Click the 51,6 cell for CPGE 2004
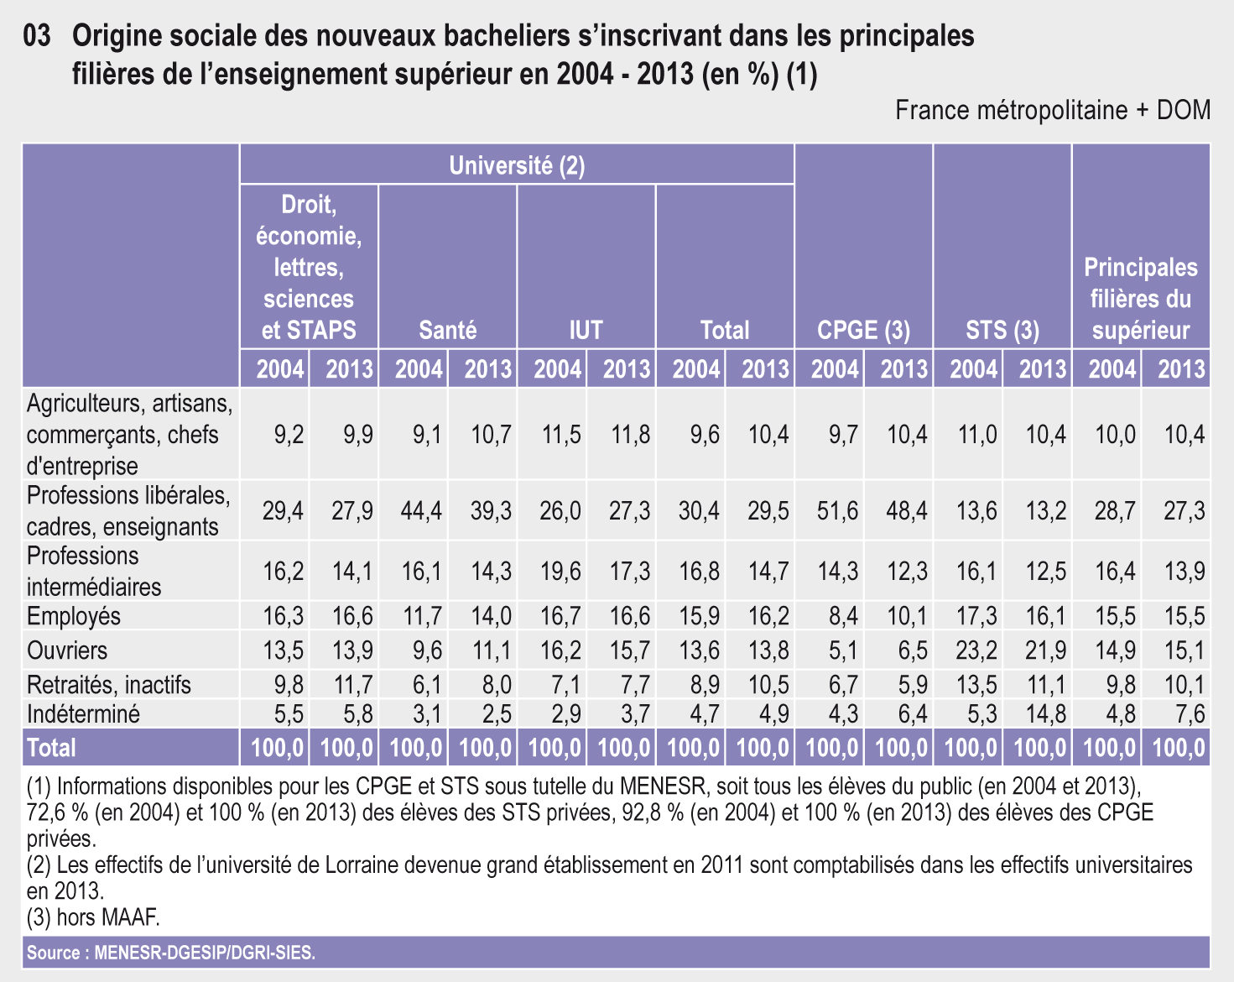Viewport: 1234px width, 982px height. tap(837, 511)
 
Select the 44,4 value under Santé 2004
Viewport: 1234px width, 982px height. tap(421, 511)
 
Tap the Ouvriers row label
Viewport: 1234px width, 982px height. tap(67, 650)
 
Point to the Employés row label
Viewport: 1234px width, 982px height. tap(73, 616)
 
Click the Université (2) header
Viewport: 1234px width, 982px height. tap(517, 165)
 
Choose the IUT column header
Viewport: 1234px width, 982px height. tap(586, 330)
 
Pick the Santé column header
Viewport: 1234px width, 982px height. tap(447, 330)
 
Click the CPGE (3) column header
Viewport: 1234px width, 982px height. tap(863, 330)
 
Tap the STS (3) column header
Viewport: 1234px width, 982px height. tap(1002, 330)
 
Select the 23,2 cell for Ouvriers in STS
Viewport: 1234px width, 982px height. tap(976, 650)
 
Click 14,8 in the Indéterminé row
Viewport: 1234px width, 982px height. tap(1045, 714)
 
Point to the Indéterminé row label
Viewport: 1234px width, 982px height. tap(83, 714)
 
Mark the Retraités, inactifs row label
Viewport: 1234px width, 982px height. tap(108, 685)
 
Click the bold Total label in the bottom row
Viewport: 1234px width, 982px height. tap(51, 747)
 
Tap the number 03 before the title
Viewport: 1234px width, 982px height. tap(37, 35)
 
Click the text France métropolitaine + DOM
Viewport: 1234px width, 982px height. tap(1053, 110)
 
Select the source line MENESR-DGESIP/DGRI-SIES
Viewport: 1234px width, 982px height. tap(171, 953)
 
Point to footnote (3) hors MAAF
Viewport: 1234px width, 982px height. tap(93, 917)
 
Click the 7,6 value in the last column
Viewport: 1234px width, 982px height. tap(1190, 714)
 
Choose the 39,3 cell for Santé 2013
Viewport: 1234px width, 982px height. tap(491, 511)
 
